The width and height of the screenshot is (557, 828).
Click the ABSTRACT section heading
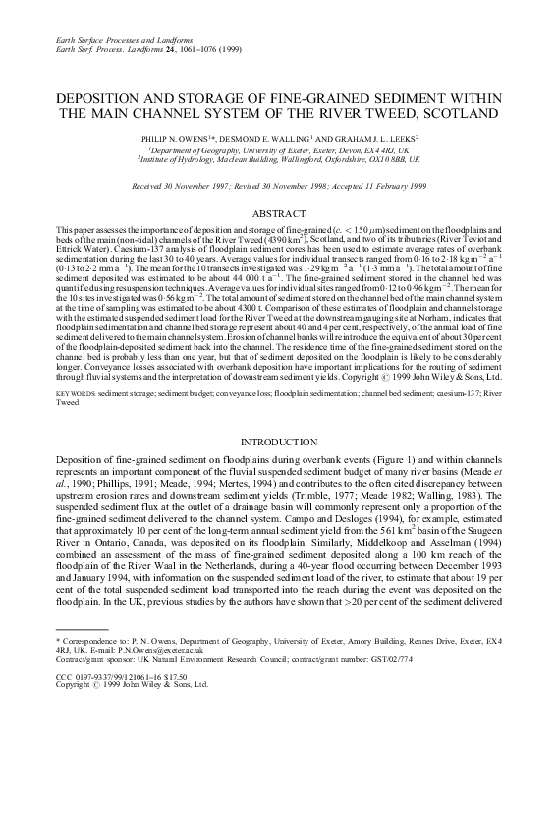[278, 212]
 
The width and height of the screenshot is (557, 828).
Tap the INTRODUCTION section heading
[278, 443]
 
